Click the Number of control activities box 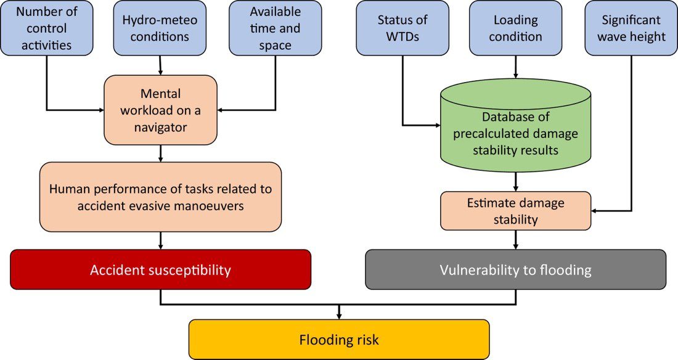coord(46,28)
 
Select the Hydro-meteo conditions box coord(160,28)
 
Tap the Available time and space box coord(276,28)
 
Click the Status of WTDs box coord(402,28)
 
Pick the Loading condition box coord(515,28)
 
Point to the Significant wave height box coord(631,28)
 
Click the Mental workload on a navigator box coord(160,110)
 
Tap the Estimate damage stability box coord(515,210)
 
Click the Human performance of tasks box coord(160,197)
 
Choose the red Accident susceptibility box coord(160,269)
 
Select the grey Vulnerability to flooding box coord(515,269)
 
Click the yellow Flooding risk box coord(338,339)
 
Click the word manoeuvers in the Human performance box coord(212,206)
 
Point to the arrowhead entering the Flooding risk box coord(338,316)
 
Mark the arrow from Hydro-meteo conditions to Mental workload coord(160,65)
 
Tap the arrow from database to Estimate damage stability coord(515,182)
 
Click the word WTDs coord(402,36)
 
